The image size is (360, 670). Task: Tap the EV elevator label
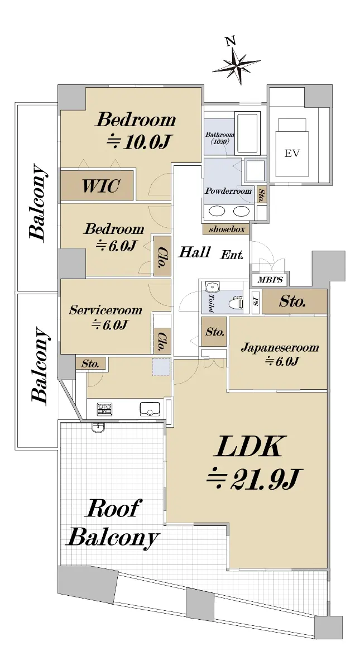click(292, 154)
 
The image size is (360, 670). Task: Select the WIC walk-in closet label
click(101, 186)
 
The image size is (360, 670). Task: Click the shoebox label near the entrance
click(227, 229)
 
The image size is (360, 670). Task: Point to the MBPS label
click(270, 280)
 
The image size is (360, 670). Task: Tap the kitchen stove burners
click(105, 409)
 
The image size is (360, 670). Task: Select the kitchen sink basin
click(150, 409)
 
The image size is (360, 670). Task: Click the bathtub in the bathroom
click(247, 133)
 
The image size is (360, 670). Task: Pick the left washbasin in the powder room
click(217, 211)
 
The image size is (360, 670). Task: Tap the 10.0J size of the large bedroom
click(138, 142)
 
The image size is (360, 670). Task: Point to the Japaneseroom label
click(280, 347)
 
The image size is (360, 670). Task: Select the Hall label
click(195, 252)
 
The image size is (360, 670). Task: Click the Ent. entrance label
click(232, 255)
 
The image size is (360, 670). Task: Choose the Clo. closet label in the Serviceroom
click(162, 341)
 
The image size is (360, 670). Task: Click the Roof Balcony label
click(112, 527)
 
